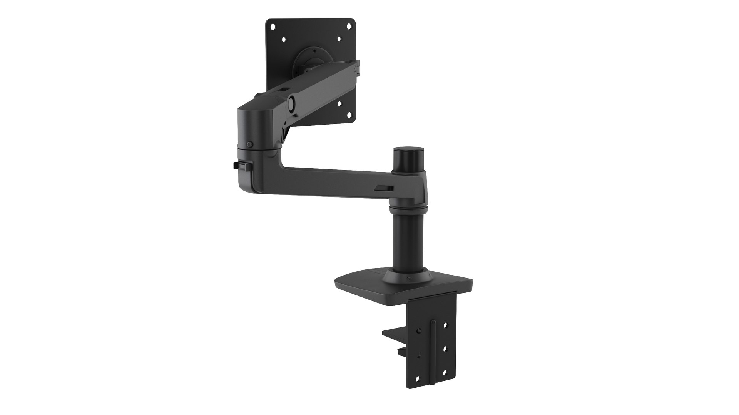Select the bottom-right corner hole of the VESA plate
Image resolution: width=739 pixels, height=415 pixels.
click(x=349, y=114)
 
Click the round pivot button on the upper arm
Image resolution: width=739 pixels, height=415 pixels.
click(x=291, y=102)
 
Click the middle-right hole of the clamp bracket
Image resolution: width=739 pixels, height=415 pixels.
click(x=445, y=350)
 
